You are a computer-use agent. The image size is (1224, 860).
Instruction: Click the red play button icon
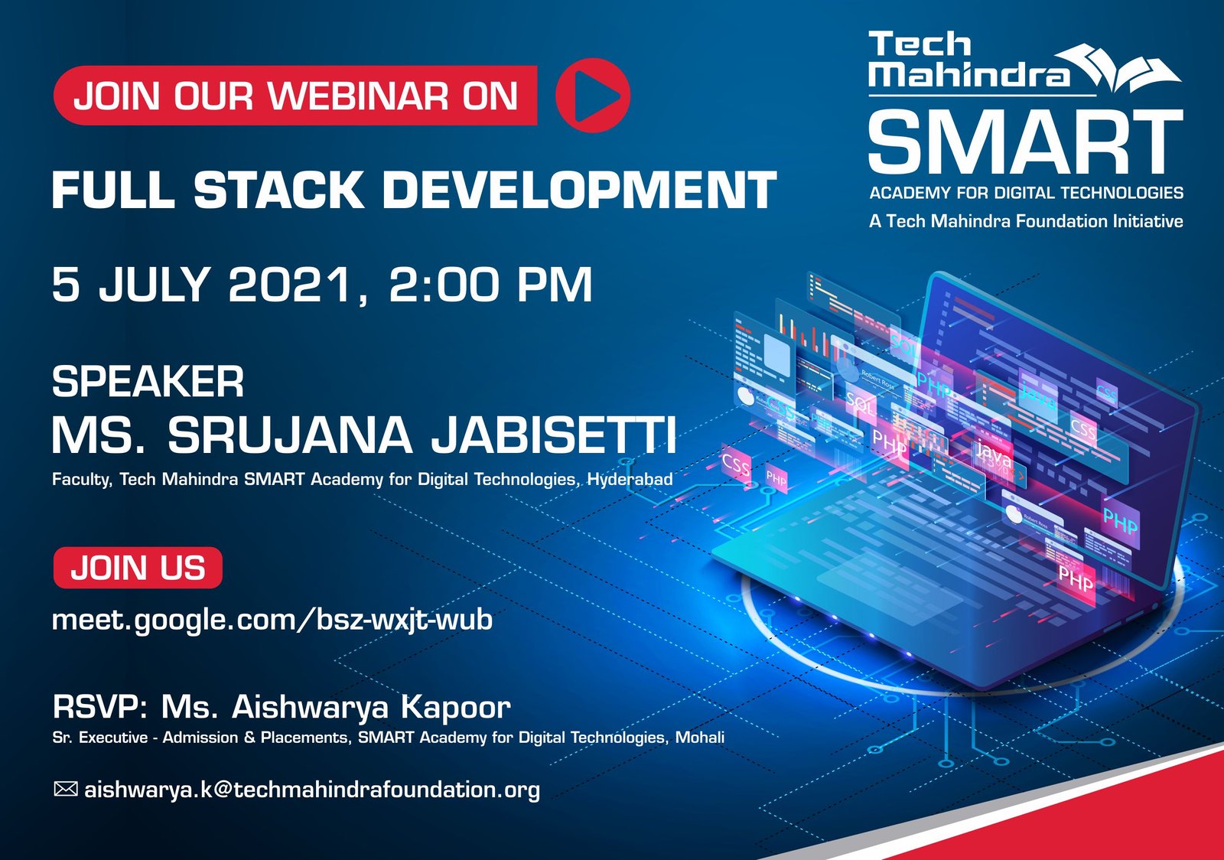point(592,96)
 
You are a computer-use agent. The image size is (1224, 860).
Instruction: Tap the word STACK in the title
point(278,190)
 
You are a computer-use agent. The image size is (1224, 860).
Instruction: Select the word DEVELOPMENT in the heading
point(579,190)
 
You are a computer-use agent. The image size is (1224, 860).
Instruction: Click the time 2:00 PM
point(490,285)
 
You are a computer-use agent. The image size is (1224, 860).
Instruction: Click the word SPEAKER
point(148,381)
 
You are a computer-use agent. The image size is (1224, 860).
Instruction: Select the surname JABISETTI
point(554,435)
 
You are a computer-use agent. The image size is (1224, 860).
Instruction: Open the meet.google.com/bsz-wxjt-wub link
point(272,619)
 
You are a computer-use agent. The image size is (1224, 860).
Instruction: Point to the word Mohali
point(699,738)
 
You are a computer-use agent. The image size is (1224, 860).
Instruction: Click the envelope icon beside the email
point(66,788)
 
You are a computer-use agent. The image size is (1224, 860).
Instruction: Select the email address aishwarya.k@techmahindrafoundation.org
point(312,790)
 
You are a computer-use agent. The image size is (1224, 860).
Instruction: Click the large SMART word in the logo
point(1025,142)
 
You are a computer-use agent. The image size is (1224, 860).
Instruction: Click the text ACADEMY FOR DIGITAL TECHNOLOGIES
point(1026,193)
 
